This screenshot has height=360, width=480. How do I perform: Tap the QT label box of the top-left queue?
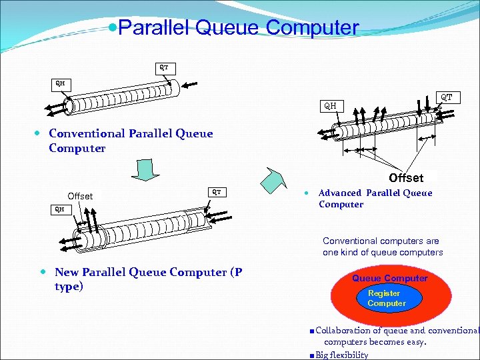click(x=163, y=67)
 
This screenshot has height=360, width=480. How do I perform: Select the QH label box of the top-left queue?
click(x=60, y=84)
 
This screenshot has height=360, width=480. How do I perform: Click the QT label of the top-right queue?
click(x=446, y=97)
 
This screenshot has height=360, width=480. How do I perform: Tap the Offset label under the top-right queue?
click(x=405, y=178)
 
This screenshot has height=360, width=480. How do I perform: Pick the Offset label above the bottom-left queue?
click(x=80, y=196)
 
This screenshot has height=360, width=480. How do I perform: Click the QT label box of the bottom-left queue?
click(x=217, y=192)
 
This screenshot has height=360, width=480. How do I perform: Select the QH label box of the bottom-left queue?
click(x=60, y=209)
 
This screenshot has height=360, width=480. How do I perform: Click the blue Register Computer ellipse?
click(x=386, y=298)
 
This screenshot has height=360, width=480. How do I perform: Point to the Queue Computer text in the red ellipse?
click(x=389, y=278)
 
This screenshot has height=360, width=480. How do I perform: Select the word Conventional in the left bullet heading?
click(x=87, y=133)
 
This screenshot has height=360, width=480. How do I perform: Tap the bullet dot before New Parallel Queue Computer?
click(x=43, y=272)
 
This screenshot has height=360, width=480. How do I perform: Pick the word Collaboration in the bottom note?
click(x=342, y=331)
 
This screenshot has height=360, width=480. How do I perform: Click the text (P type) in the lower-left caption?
click(x=69, y=287)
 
